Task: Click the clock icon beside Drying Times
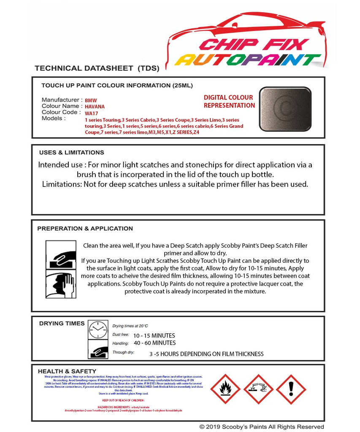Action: pos(98,330)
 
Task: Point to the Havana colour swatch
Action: pos(285,103)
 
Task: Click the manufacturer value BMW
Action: pos(91,101)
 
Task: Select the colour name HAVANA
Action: pos(95,107)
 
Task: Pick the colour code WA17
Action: pos(91,113)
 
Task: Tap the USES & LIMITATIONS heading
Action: pos(71,153)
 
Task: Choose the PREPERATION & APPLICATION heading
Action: pos(85,229)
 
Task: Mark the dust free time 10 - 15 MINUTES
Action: pos(154,336)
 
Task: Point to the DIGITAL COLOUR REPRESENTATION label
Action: pos(229,102)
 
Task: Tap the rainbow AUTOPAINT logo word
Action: pos(248,60)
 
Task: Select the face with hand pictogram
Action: pos(60,284)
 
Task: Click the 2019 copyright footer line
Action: pos(262,427)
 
